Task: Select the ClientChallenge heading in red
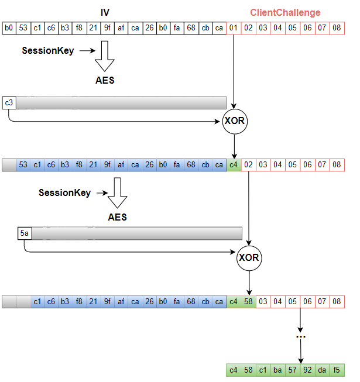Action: [x=285, y=12]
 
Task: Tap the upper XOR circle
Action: [x=234, y=122]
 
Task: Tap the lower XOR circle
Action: [x=249, y=258]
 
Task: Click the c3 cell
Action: [x=9, y=103]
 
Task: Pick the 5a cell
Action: [x=24, y=234]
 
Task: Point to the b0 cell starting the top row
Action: [x=9, y=28]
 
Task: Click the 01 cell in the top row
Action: [x=234, y=28]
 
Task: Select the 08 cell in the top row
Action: [x=337, y=28]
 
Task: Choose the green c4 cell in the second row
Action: [x=234, y=165]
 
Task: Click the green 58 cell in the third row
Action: [x=249, y=302]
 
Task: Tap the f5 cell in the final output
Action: [x=337, y=370]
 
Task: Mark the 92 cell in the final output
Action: [x=307, y=370]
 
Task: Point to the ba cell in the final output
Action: [x=278, y=370]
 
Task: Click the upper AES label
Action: [x=105, y=80]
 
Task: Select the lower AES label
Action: [x=117, y=217]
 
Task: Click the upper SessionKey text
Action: [x=48, y=51]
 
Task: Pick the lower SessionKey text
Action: [x=65, y=192]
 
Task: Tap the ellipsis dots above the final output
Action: [x=300, y=336]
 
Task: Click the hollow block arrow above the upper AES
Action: [x=105, y=57]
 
